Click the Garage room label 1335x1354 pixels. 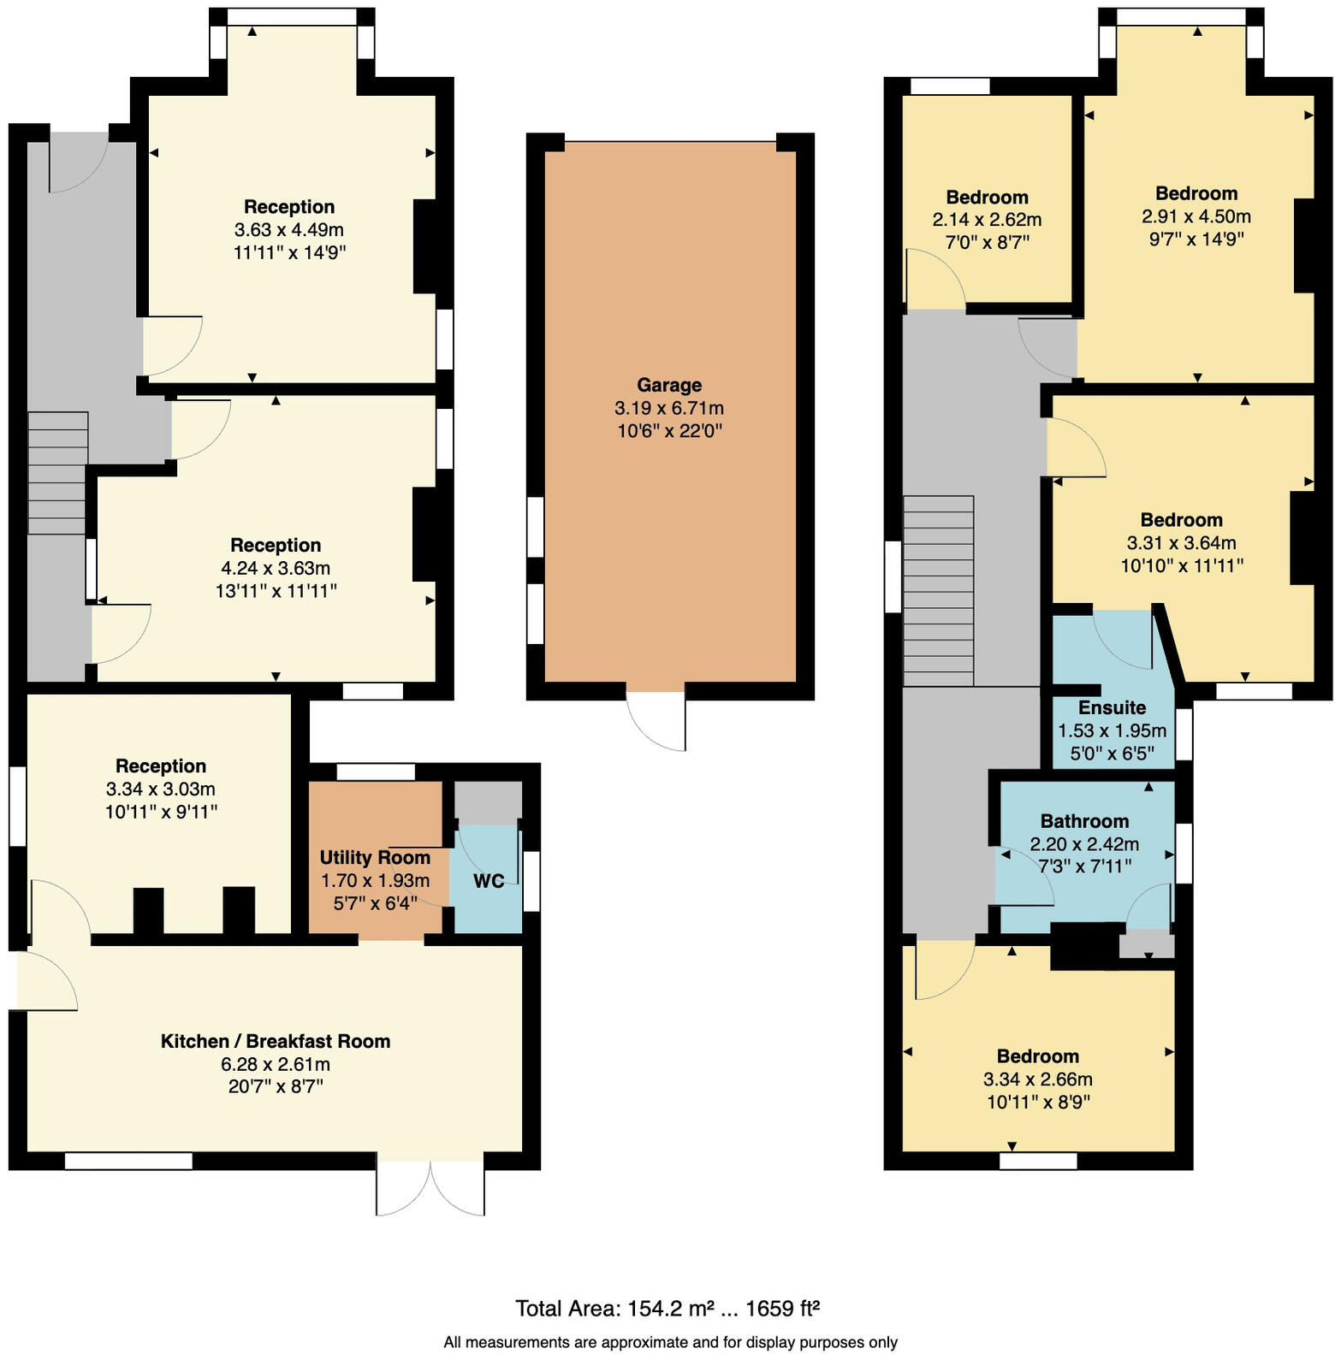[x=668, y=385]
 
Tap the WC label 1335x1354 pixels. [x=488, y=881]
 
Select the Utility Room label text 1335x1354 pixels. [x=375, y=858]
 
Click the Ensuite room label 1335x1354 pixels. [x=1112, y=707]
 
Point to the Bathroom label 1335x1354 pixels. [x=1084, y=821]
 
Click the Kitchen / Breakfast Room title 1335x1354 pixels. [x=276, y=1041]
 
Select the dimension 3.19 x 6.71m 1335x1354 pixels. [x=668, y=408]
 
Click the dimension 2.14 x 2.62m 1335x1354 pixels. [x=987, y=220]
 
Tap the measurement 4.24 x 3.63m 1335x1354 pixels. [x=276, y=568]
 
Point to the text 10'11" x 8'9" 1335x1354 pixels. [x=1037, y=1102]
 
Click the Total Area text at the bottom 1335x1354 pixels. [x=667, y=1308]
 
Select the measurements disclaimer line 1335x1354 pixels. [x=670, y=1342]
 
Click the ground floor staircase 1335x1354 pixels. [x=57, y=472]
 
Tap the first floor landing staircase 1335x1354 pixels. [x=938, y=590]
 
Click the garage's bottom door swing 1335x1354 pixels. [x=657, y=718]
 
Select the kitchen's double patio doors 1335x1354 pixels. [x=430, y=1186]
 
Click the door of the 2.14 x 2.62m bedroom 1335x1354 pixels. [x=934, y=280]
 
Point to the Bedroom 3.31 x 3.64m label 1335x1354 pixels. [x=1181, y=520]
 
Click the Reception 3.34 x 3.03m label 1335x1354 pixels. [x=161, y=766]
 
